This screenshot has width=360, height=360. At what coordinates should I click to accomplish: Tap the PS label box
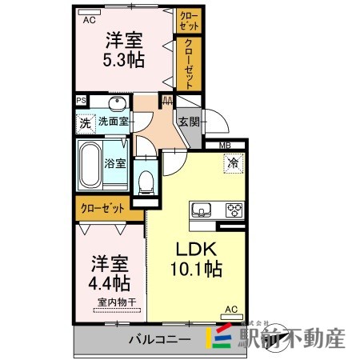tap(80, 101)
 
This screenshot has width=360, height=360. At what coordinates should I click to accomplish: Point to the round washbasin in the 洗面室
tap(117, 102)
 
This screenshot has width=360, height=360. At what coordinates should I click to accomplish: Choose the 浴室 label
tap(114, 164)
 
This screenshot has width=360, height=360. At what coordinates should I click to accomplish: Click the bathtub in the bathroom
tap(90, 164)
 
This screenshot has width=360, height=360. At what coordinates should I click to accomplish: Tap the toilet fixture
tap(145, 180)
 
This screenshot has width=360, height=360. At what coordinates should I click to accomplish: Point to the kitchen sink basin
tap(201, 211)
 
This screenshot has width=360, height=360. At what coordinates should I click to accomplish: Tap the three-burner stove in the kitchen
tap(234, 211)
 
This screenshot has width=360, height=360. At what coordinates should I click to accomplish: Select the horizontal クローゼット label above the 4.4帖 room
tap(102, 208)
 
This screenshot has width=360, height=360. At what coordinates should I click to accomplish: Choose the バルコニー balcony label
tap(160, 339)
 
